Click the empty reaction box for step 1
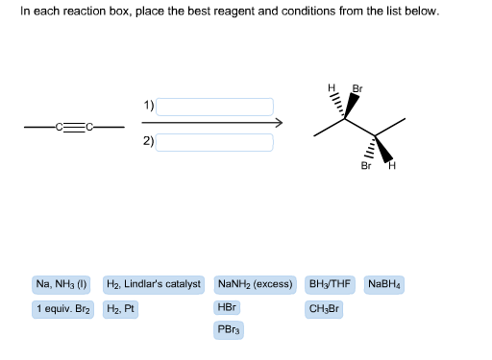pos(214,106)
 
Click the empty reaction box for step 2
pos(214,142)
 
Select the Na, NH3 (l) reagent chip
pos(61,285)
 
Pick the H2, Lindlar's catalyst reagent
pos(154,285)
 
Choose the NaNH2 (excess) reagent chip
pos(256,285)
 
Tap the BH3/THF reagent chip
pos(331,285)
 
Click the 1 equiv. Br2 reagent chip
pos(63,309)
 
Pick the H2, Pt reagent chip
pos(120,309)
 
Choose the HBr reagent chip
pos(228,309)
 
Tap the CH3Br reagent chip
pos(324,309)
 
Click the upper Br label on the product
pos(358,88)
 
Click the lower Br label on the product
pos(366,165)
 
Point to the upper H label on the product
pos(332,90)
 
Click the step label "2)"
pos(147,141)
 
